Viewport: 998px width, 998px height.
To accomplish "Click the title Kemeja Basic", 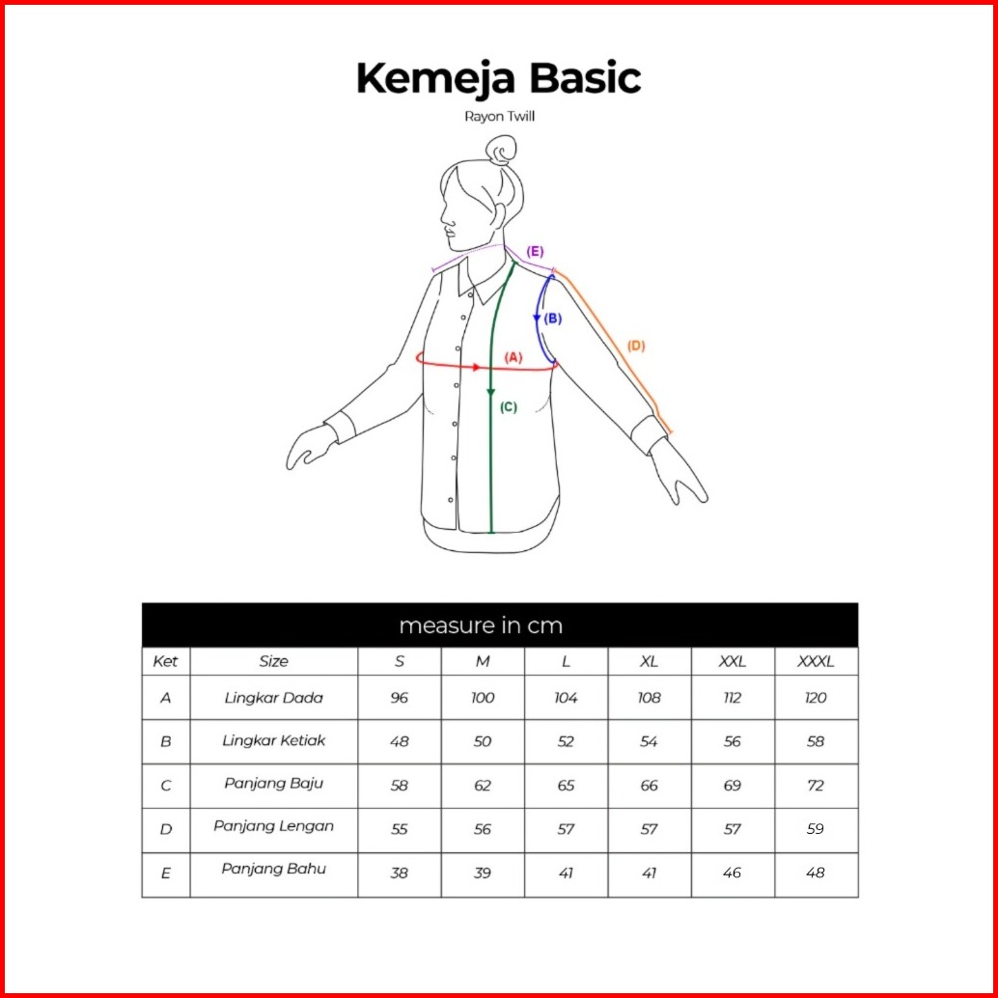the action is (498, 78).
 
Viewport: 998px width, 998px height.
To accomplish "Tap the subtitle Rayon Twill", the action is (499, 117).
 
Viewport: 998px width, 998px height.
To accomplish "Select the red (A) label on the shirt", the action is (513, 356).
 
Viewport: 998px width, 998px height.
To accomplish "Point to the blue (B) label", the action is (552, 318).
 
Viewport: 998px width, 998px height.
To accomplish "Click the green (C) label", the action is (509, 407).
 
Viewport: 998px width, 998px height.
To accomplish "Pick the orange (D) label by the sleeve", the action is (635, 346).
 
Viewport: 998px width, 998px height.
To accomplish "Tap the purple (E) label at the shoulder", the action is (535, 252).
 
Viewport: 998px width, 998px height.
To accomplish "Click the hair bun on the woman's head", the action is (501, 151).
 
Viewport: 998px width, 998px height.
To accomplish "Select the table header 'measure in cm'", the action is (480, 625).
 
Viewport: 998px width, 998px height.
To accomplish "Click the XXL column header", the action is (733, 662).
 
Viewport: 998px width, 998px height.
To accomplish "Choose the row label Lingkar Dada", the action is (274, 697).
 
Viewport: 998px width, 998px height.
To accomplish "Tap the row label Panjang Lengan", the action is (274, 826).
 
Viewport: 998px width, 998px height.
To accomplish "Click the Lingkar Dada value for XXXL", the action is (816, 698).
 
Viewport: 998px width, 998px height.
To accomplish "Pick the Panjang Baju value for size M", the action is (483, 786).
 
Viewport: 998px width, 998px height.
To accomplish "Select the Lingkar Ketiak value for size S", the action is (400, 741).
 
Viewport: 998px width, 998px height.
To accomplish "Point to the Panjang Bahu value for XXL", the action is (733, 873).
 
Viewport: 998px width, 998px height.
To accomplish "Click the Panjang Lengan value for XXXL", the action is (816, 829).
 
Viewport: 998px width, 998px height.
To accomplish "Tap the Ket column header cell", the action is (166, 662).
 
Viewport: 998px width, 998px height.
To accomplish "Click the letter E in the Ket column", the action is (166, 873).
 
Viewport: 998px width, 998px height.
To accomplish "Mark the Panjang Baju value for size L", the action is (566, 786).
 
